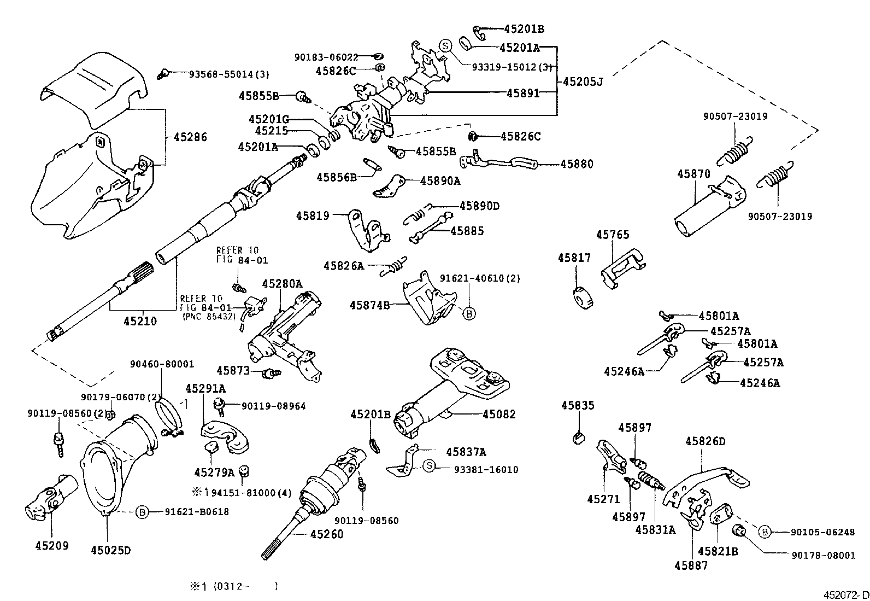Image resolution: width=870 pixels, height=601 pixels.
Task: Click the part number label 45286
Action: click(x=190, y=137)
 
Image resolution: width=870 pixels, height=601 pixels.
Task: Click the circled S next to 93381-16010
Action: click(x=430, y=466)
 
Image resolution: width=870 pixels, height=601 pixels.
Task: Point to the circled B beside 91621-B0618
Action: click(x=142, y=512)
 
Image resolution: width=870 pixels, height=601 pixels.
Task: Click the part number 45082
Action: click(x=499, y=415)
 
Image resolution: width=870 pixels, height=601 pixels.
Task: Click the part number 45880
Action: click(x=576, y=164)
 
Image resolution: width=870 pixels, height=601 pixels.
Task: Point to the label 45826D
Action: click(x=705, y=441)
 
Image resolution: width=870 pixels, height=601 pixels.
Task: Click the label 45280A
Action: click(x=282, y=283)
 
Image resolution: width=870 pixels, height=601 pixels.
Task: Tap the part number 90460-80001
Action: click(x=162, y=364)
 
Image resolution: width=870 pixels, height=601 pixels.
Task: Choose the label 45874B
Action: click(x=370, y=305)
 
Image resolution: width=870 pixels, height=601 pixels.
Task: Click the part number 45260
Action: click(x=327, y=534)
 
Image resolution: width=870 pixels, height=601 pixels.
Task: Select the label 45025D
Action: click(x=111, y=549)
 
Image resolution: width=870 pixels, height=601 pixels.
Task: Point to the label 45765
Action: click(x=613, y=235)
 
